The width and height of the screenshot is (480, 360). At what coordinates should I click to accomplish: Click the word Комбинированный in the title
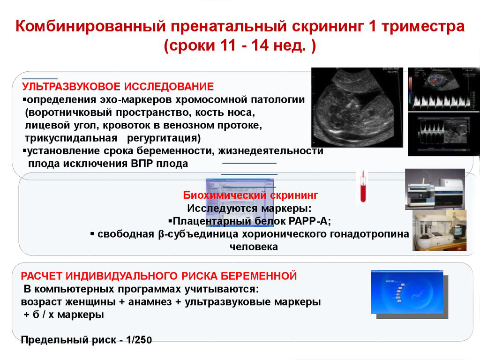coord(90,27)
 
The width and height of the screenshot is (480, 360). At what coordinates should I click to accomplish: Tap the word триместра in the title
coord(423,27)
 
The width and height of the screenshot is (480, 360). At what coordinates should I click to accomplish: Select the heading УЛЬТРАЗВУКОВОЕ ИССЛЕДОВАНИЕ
coord(118,87)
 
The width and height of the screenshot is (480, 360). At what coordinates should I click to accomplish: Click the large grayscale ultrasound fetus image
coord(357,107)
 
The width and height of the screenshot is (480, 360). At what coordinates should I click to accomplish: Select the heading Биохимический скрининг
coord(250,195)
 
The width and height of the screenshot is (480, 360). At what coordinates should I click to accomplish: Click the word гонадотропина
coord(369,234)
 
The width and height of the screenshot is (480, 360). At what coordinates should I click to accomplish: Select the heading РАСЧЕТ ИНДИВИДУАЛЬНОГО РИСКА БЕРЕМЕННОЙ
coord(159,276)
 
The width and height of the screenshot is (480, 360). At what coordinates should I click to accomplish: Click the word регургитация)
coord(164,138)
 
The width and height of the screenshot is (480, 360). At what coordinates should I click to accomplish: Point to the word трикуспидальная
coord(71,138)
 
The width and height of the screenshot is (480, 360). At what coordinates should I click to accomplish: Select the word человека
coord(254,247)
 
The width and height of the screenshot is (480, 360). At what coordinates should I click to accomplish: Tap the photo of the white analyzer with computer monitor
coord(439,231)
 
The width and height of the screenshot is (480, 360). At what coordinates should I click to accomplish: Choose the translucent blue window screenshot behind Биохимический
coord(240,202)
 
